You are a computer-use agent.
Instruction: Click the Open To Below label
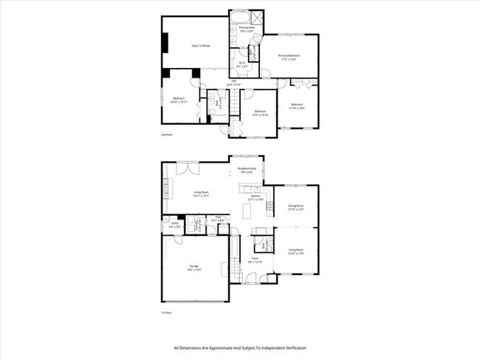pyautogui.click(x=201, y=46)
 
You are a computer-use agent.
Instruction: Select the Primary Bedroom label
pyautogui.click(x=289, y=56)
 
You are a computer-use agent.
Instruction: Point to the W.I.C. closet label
pyautogui.click(x=241, y=64)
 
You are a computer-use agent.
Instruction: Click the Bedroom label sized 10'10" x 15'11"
pyautogui.click(x=179, y=100)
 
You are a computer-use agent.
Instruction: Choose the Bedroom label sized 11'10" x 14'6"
pyautogui.click(x=297, y=106)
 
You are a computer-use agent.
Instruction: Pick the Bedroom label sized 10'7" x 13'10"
pyautogui.click(x=260, y=113)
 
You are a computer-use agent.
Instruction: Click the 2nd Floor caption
pyautogui.click(x=167, y=136)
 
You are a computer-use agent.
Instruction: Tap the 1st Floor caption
pyautogui.click(x=167, y=313)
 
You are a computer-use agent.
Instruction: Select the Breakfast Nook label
pyautogui.click(x=247, y=169)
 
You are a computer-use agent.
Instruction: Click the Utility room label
pyautogui.click(x=175, y=224)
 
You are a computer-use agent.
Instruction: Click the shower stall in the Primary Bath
pyautogui.click(x=258, y=18)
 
